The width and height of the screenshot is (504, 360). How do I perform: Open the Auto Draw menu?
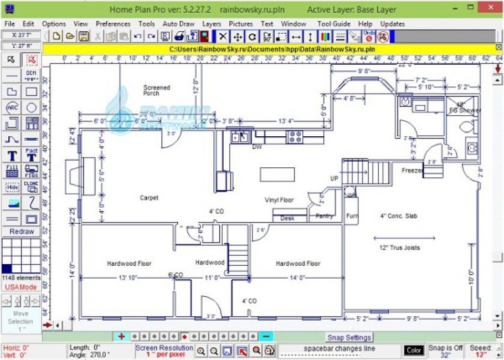178,24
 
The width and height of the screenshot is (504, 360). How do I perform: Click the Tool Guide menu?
333,24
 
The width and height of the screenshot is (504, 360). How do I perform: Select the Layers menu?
211,24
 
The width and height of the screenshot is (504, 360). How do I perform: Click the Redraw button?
21,232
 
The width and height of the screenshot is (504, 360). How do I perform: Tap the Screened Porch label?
157,90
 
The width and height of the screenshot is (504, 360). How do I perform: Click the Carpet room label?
148,198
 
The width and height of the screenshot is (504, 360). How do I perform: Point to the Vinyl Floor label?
279,200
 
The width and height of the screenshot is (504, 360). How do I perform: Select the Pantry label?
324,217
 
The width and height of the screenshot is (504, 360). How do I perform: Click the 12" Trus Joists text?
399,248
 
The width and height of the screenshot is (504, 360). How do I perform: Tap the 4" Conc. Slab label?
398,215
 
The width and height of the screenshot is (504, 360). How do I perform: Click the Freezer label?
412,171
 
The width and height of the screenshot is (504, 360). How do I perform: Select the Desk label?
287,218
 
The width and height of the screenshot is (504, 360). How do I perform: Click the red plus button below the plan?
121,336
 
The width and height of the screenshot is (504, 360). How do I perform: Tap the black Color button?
414,350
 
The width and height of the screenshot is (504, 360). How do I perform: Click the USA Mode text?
20,287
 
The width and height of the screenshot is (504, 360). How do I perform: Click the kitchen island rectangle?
277,174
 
